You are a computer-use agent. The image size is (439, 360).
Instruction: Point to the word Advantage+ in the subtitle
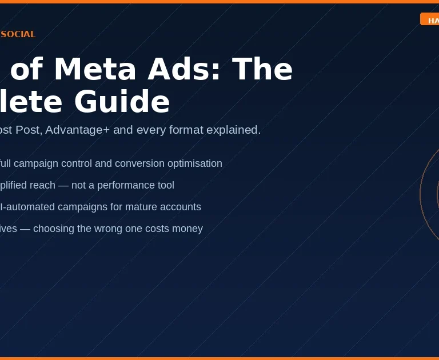pos(78,130)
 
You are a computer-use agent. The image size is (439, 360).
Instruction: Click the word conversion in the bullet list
pos(139,163)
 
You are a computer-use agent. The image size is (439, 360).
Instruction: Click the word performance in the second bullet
pos(122,185)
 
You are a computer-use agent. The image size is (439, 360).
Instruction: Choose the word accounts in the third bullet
pos(182,207)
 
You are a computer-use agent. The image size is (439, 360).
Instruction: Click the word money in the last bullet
pos(188,229)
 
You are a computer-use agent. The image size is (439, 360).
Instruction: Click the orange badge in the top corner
pos(430,19)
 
